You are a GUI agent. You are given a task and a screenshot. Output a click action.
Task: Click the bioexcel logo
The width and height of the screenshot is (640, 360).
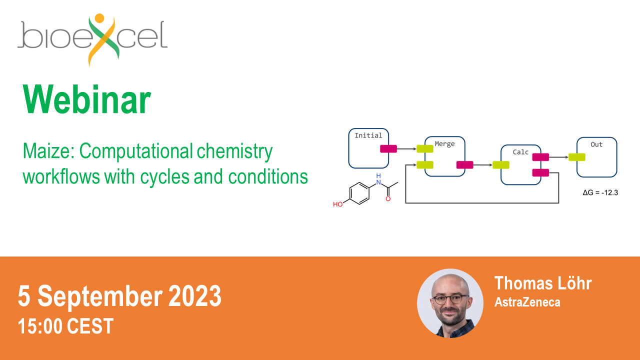point(92,40)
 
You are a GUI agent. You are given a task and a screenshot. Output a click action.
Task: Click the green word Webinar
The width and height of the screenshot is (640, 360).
point(87,99)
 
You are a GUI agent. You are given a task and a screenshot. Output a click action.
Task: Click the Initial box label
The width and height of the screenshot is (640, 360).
point(368,135)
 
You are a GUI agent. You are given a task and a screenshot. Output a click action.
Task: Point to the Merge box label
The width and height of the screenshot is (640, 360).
point(444,144)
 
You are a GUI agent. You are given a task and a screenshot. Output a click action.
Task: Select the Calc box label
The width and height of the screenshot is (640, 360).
point(520,152)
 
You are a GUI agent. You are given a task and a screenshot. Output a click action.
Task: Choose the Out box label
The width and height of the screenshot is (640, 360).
point(596,144)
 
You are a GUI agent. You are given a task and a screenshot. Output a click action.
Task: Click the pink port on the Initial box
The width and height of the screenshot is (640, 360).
point(388,149)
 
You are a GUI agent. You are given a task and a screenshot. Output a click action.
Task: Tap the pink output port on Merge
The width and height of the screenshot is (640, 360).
point(465,165)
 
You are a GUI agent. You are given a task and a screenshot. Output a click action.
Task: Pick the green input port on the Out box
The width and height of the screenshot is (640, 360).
point(577,157)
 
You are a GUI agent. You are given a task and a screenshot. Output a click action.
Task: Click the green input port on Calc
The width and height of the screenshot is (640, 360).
point(501,165)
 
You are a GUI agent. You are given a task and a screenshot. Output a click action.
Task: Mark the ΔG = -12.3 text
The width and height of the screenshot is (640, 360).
point(600,192)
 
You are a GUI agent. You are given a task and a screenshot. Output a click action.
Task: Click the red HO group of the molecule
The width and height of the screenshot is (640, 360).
point(337,204)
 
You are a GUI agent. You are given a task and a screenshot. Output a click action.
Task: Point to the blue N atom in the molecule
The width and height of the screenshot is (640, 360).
point(378,182)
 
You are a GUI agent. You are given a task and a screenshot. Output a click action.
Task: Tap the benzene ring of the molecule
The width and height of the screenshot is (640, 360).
point(359,193)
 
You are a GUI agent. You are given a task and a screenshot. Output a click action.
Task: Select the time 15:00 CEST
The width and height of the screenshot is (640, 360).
point(65,326)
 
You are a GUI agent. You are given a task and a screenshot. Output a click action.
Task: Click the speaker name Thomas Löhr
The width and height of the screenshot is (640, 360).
point(543,283)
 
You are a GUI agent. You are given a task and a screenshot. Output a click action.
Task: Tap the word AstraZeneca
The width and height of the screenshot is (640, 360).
point(527,302)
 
